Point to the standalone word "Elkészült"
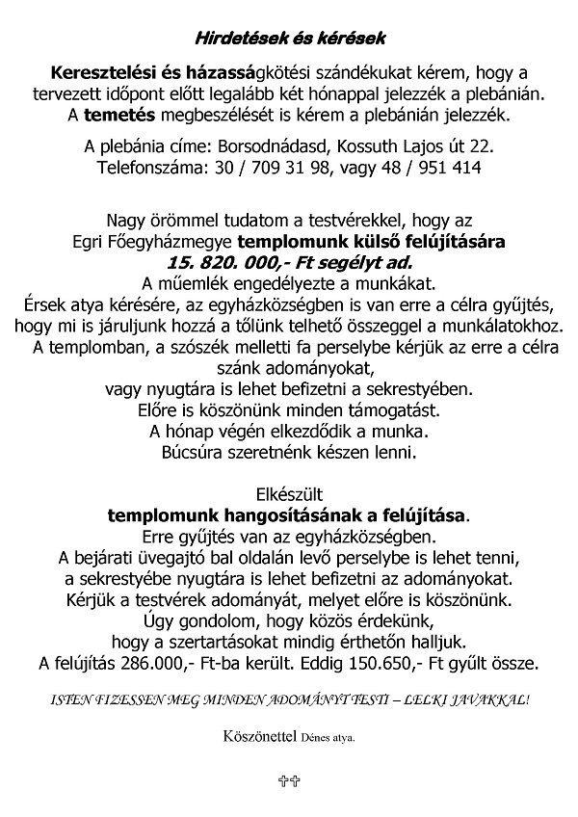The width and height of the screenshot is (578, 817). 289,494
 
